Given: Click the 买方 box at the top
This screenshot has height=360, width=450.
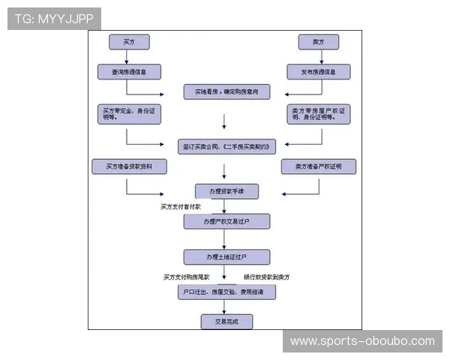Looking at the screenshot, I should coord(129,42).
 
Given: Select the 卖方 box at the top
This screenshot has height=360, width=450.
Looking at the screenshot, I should coord(318,42).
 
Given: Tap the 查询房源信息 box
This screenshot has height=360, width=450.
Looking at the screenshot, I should coord(129,72).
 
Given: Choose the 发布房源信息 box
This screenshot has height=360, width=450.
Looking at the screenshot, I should coord(318,72).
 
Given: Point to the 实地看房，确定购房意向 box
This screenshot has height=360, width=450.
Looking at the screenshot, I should coord(226,92).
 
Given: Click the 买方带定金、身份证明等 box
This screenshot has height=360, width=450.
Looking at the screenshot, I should coord(129,114).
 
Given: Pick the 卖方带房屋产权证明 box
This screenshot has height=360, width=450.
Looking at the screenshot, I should coord(320,114).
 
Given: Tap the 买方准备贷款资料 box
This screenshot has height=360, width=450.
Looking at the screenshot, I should coord(129,166).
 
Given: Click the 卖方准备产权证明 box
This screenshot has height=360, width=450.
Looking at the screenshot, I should coord(318,166).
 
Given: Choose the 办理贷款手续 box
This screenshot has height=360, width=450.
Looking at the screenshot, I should coord(226,191).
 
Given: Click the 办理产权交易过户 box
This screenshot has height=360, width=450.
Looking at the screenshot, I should coord(226,222).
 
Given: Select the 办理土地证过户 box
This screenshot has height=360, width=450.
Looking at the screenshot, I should coord(226,256).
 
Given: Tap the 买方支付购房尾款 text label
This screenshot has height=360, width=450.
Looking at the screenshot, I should coord(187,277).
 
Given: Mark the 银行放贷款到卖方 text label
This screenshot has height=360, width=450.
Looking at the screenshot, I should coord(266,277).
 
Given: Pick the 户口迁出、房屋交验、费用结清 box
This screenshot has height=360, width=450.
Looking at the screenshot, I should coord(226,291).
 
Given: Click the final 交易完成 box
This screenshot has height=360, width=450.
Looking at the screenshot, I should coord(226,322).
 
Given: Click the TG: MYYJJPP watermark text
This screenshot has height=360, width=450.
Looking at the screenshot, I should coord(54,19).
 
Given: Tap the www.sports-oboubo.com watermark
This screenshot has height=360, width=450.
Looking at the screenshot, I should coord(362,341).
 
